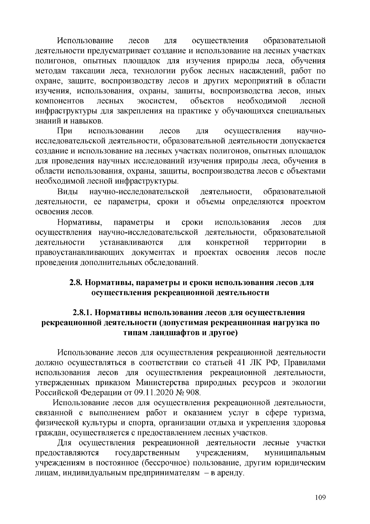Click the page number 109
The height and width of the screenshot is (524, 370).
click(x=320, y=497)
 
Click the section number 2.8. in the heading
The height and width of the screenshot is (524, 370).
click(x=75, y=282)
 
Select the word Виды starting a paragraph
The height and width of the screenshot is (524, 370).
click(x=68, y=192)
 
